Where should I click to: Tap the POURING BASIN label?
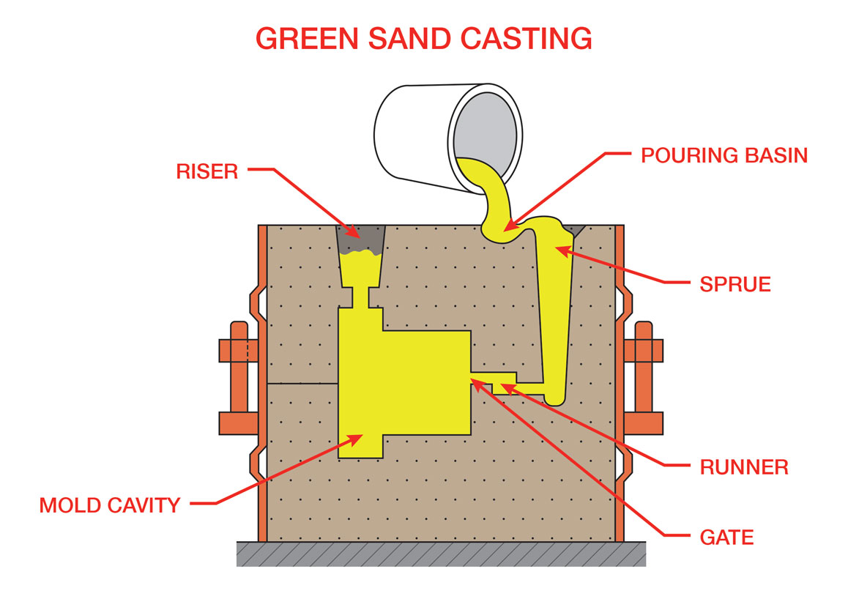724,155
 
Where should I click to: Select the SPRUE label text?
735,284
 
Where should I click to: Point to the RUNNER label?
744,466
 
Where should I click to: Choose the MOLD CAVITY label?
109,505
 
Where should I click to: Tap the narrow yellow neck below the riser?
360,296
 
